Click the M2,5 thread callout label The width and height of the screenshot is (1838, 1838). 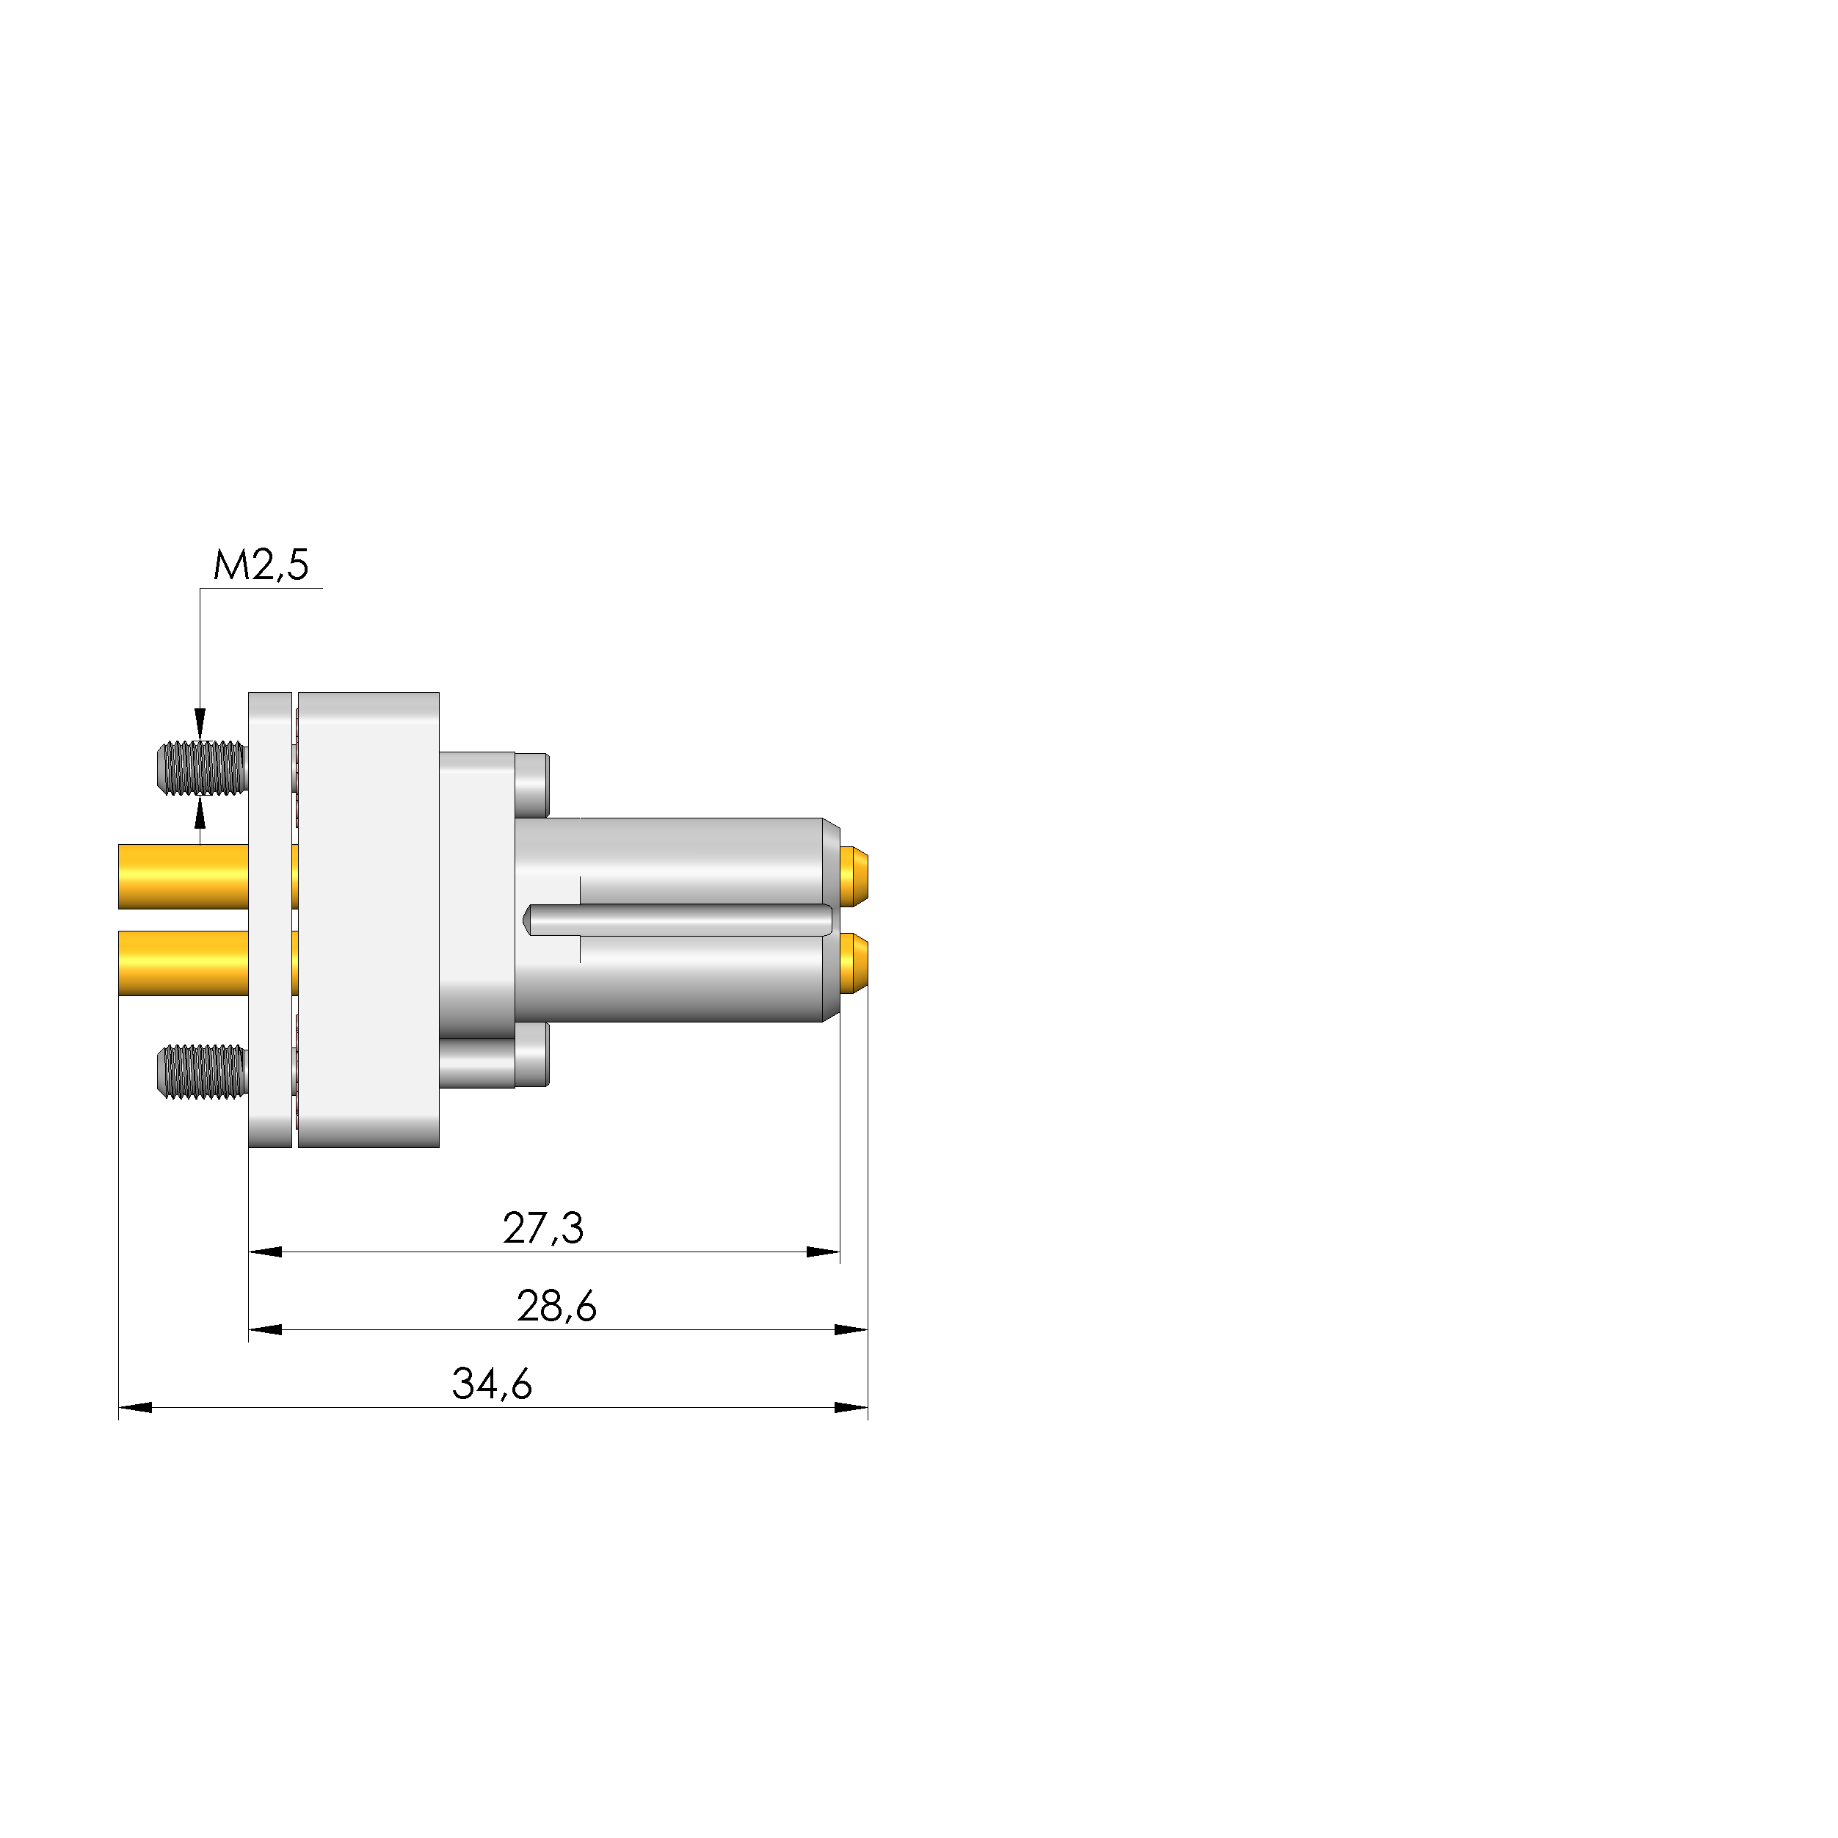[x=261, y=565]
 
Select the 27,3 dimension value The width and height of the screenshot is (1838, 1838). [x=543, y=1228]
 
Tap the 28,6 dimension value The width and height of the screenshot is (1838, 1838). [x=556, y=1306]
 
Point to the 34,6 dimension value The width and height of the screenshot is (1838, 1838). [x=492, y=1384]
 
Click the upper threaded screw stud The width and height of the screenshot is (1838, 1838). [x=202, y=768]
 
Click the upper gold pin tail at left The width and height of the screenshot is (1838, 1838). [x=183, y=876]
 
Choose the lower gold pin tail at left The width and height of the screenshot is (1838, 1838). [x=183, y=963]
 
